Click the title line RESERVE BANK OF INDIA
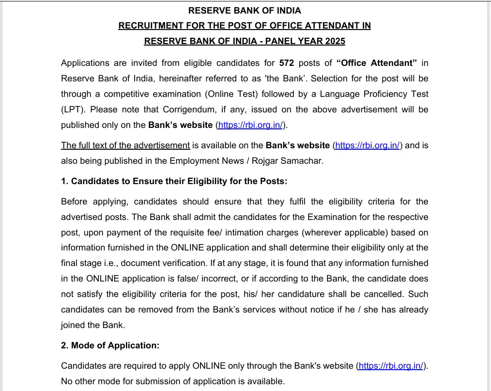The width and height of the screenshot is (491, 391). [x=245, y=10]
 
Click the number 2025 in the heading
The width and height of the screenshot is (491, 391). [x=335, y=41]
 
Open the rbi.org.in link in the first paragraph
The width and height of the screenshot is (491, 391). [x=250, y=125]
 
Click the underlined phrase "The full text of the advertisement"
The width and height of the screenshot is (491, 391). [x=125, y=145]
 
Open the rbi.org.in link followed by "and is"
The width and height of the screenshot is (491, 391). [x=368, y=145]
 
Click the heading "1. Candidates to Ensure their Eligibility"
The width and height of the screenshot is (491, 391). [x=174, y=181]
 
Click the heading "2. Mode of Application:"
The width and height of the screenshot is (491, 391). [x=110, y=345]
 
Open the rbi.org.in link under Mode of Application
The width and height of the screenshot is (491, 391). [x=392, y=366]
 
